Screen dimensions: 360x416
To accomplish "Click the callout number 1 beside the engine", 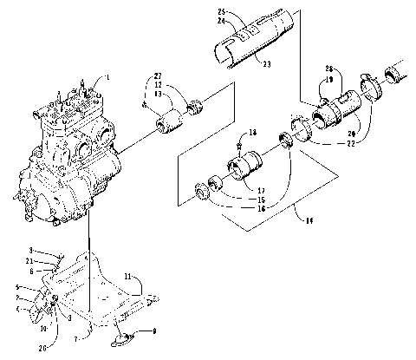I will (107, 77).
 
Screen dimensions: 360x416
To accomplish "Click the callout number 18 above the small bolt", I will (253, 132).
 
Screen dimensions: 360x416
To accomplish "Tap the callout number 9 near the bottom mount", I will (155, 331).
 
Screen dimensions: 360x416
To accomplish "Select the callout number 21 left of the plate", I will (54, 260).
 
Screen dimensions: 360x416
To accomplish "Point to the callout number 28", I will (328, 68).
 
